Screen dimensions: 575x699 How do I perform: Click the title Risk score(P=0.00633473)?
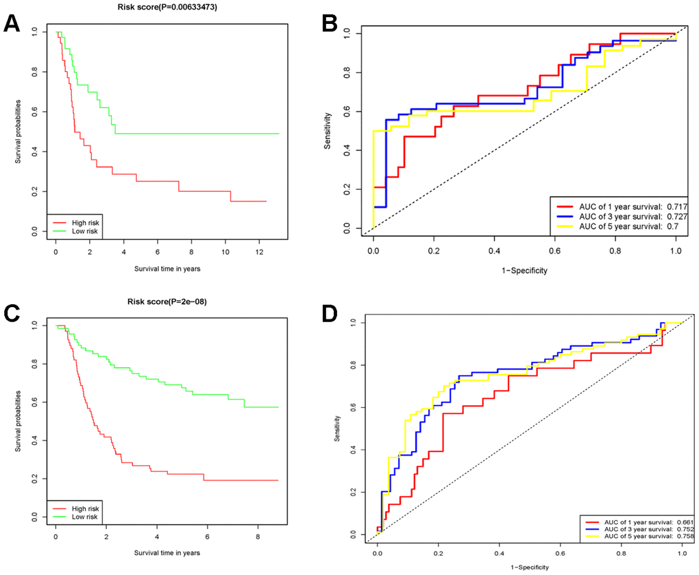point(157,8)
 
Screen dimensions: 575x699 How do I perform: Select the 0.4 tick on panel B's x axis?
point(494,251)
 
